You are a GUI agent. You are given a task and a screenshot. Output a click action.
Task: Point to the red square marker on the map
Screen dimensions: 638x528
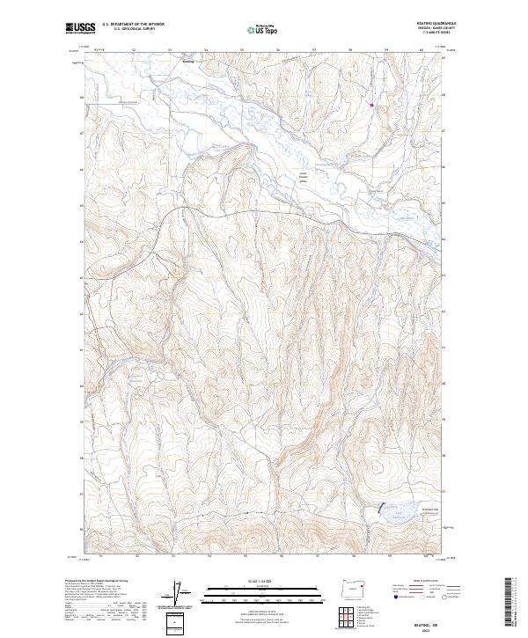[372, 106]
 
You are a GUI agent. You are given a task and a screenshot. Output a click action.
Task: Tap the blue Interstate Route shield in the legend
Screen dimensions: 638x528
[394, 597]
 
